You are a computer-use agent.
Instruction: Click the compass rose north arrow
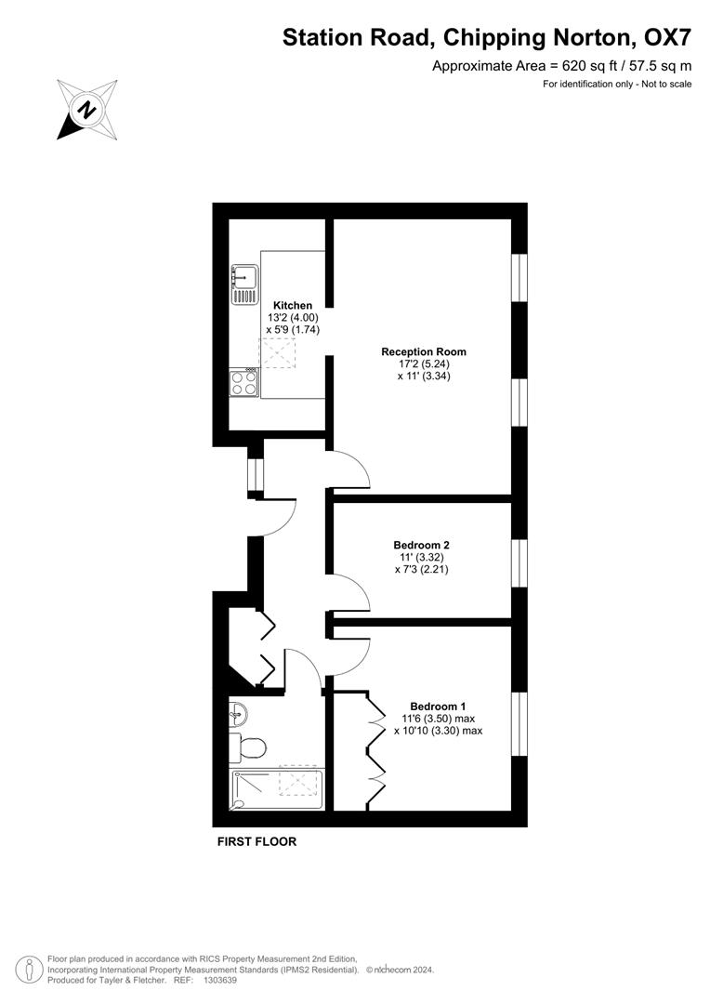coord(85,110)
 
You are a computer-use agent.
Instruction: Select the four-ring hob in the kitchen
coord(244,383)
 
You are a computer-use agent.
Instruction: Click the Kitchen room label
coord(293,305)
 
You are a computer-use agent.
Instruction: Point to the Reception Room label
coord(423,351)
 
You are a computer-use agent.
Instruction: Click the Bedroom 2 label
coord(421,544)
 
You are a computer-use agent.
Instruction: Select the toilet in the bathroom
coord(250,746)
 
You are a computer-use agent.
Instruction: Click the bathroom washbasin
coord(238,714)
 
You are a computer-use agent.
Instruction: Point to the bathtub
coord(276,789)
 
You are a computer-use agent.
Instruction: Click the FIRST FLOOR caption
coord(256,842)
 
